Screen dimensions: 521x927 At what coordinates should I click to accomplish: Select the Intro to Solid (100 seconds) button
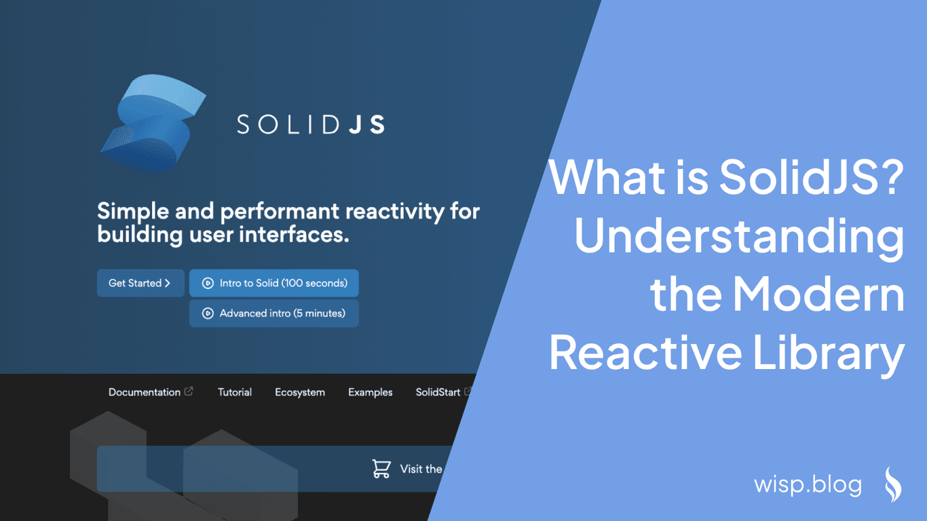click(x=274, y=283)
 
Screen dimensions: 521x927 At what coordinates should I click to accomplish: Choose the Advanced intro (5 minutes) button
click(x=274, y=313)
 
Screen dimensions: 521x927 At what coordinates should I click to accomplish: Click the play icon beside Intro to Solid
click(x=208, y=283)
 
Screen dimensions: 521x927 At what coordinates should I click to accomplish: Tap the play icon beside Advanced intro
click(x=208, y=313)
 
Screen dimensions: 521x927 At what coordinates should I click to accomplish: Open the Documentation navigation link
click(x=145, y=392)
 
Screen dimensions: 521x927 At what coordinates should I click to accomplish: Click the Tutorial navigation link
click(x=235, y=392)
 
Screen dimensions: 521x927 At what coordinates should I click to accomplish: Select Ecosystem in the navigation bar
click(x=300, y=392)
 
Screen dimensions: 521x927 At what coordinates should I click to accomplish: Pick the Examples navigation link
click(x=371, y=392)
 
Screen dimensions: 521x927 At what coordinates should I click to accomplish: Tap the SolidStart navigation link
click(x=438, y=392)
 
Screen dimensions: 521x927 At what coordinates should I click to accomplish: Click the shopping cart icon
click(x=381, y=469)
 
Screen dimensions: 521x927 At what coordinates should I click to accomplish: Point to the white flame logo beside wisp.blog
click(x=892, y=484)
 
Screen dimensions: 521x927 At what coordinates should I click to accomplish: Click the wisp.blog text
click(x=808, y=484)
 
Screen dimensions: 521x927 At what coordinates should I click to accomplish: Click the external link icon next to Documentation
click(x=189, y=391)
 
